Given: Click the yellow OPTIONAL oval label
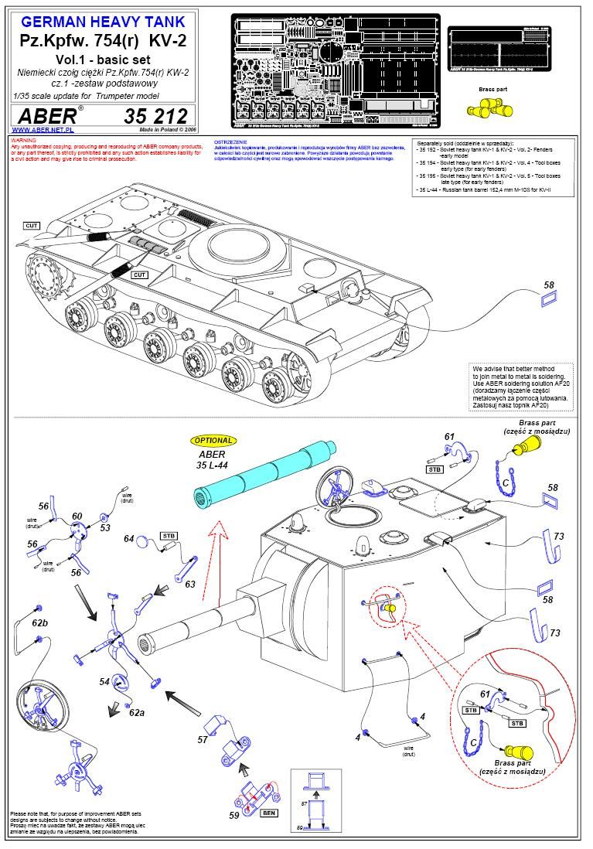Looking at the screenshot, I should point(213,440).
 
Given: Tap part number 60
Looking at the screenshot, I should point(77,517).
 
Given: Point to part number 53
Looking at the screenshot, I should point(105,528).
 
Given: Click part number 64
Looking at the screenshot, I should point(129,539).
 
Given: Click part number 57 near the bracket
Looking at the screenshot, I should point(203,739).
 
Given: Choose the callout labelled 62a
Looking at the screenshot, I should point(137,711).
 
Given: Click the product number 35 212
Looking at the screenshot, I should point(155,117).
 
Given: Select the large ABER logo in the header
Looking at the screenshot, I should point(47,116).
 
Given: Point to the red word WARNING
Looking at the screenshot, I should point(24,141).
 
